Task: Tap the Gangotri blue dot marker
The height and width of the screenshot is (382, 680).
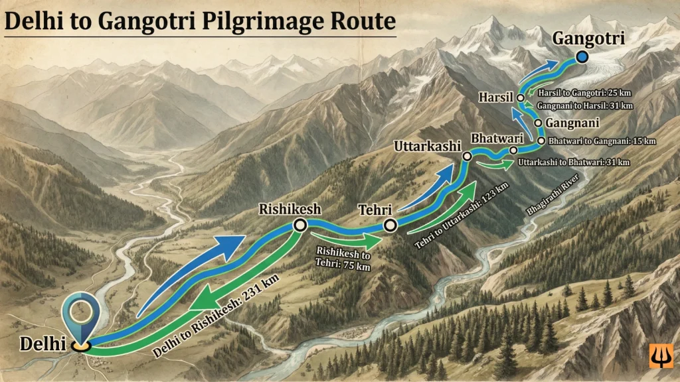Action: (x=582, y=58)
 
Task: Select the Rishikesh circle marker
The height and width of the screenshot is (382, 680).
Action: (x=299, y=226)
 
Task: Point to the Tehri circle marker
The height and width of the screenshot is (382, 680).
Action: (x=389, y=225)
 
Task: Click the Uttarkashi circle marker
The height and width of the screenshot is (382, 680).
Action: (x=467, y=157)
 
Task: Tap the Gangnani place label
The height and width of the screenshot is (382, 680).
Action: (x=572, y=123)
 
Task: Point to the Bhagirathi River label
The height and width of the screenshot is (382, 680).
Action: (x=553, y=194)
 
